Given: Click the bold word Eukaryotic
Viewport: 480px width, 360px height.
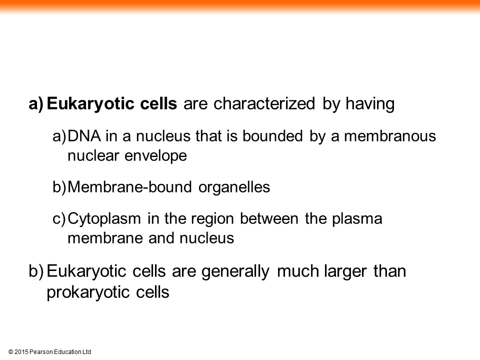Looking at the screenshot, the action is [x=91, y=104].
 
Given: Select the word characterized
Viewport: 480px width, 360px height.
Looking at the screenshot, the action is [x=264, y=103].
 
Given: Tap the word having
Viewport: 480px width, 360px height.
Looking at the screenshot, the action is [x=370, y=104].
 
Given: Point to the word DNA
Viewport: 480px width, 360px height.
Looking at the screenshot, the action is [x=84, y=136].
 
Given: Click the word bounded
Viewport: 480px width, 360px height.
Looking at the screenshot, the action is [x=272, y=136].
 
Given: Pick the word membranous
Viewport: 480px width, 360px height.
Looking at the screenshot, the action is [x=390, y=136].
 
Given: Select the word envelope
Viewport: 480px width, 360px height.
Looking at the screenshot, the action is [x=156, y=156].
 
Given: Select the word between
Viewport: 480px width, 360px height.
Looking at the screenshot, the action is [x=269, y=219].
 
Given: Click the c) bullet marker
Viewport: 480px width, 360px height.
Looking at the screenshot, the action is [x=59, y=219].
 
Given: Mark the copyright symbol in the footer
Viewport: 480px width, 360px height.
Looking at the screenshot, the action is [x=10, y=352].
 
